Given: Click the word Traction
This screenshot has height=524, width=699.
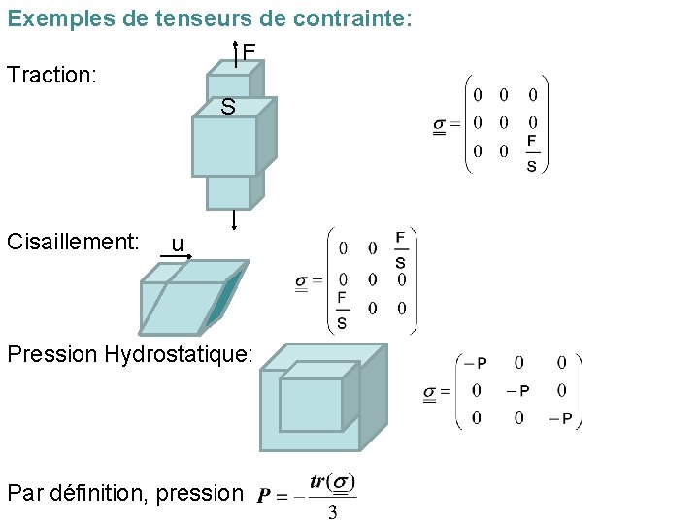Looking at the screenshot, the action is point(50,74).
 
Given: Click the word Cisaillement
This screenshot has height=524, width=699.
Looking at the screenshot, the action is point(84,242).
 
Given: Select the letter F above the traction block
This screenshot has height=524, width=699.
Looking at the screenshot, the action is point(250,51).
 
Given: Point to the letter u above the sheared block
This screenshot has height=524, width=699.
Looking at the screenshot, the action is point(176,244).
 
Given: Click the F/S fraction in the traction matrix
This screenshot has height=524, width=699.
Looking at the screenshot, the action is point(532,153).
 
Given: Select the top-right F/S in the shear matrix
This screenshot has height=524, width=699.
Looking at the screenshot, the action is point(401,249).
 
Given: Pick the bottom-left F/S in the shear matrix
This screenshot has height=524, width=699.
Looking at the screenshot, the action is point(342,310).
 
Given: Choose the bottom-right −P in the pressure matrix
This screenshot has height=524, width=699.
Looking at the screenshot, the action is point(560,419).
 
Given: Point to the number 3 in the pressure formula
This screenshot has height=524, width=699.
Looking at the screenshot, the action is point(332,512).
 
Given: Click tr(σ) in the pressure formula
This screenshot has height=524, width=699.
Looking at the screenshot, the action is point(332,482).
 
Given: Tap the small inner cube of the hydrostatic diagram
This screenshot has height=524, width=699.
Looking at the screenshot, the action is point(311,404).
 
